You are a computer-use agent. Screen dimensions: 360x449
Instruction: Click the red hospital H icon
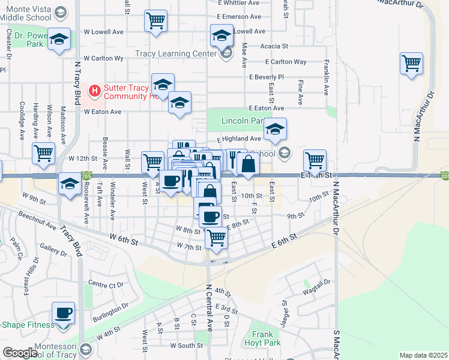pos(94,91)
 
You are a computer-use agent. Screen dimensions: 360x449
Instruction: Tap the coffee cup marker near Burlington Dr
pos(63,313)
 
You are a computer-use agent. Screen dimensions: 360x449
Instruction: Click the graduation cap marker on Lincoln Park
pos(275,130)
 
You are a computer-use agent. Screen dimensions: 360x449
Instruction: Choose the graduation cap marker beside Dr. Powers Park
pos(59,40)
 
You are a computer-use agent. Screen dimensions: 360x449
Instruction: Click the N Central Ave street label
pos(209,308)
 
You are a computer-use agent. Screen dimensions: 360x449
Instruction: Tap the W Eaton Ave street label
pos(102,112)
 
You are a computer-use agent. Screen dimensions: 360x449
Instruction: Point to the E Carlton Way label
pos(286,62)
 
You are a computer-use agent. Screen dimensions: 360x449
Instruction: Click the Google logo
pos(20,353)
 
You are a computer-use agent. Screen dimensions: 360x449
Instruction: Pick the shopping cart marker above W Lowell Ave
pos(155,21)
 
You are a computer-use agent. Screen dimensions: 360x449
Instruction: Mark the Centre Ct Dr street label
pos(105,284)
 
